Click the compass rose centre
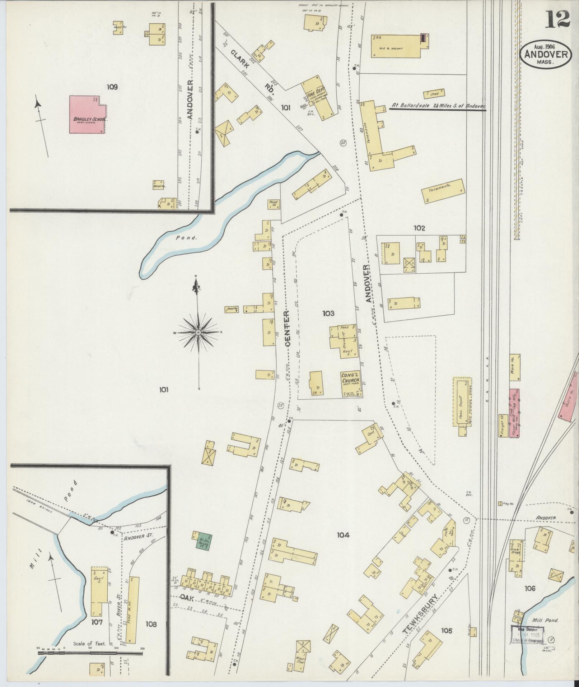click(x=198, y=334)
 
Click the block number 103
click(x=328, y=313)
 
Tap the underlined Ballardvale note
click(x=438, y=107)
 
